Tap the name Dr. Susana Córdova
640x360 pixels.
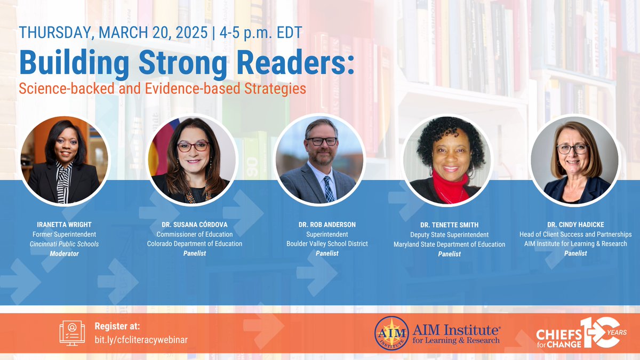point(195,225)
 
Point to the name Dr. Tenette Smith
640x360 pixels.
point(449,225)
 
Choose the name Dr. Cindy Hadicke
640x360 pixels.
point(575,225)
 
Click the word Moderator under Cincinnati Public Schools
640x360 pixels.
point(64,253)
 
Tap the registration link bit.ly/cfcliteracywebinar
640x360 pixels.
point(141,339)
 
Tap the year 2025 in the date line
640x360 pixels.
point(189,32)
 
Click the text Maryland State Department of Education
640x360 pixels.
point(449,244)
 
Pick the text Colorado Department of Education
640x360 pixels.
point(195,244)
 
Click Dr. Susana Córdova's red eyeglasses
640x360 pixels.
point(193,146)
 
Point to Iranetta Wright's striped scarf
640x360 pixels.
point(65,181)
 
